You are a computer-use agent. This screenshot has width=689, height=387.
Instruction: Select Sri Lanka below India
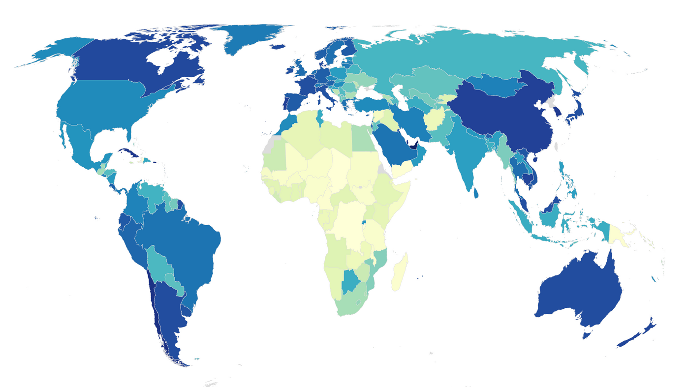476,193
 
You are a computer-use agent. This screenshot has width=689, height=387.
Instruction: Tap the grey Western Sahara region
269,145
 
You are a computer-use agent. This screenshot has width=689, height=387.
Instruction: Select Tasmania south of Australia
586,335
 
